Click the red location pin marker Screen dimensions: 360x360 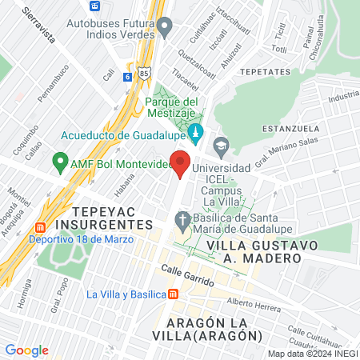pos(182,163)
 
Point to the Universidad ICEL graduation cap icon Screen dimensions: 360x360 pos(220,146)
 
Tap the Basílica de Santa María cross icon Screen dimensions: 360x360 pos(183,219)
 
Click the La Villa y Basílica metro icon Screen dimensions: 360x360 pos(174,294)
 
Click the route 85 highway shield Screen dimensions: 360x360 pos(142,71)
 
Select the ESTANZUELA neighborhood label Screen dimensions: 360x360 pos(294,128)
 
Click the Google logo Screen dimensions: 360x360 pos(27,350)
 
